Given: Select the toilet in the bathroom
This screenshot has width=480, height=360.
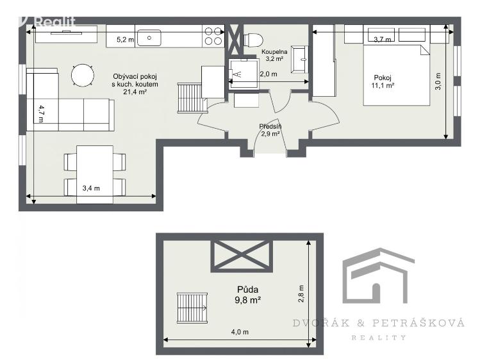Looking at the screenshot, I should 252,39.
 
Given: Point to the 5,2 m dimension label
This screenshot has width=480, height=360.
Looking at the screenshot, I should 125,40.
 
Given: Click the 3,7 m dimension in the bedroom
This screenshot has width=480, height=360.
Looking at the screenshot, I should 382,40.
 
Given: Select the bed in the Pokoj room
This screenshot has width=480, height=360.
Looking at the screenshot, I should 397,75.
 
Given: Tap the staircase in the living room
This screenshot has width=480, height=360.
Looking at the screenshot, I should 190,97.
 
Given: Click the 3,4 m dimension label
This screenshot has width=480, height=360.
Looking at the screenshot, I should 92,188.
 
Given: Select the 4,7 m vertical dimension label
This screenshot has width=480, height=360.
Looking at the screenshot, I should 41,113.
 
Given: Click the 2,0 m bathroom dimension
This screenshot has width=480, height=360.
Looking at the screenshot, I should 269,74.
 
